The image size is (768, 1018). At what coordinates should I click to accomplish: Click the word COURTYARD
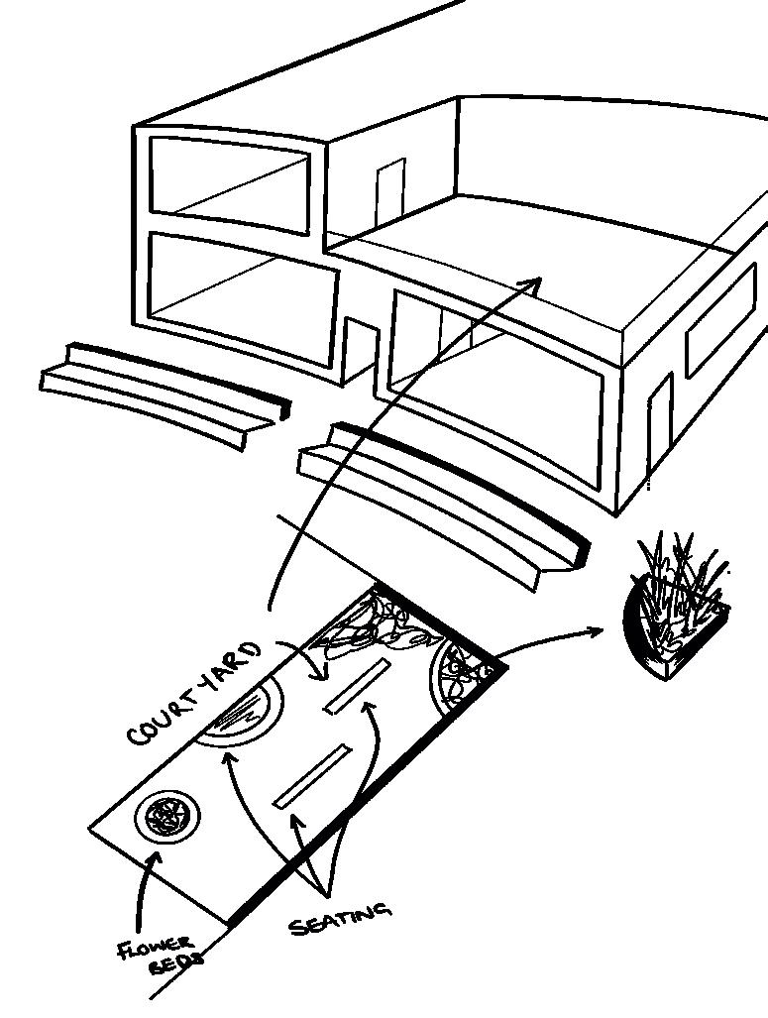coord(195,694)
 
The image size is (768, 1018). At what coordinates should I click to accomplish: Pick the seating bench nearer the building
coord(356,686)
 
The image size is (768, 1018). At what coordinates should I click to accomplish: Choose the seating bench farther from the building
coord(312,774)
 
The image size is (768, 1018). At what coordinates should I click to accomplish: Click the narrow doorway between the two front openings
coord(359,352)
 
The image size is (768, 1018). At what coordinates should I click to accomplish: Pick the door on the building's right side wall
coord(659,426)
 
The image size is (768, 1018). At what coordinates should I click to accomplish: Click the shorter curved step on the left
coord(164,392)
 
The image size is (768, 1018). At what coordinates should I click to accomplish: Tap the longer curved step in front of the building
coord(441,496)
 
